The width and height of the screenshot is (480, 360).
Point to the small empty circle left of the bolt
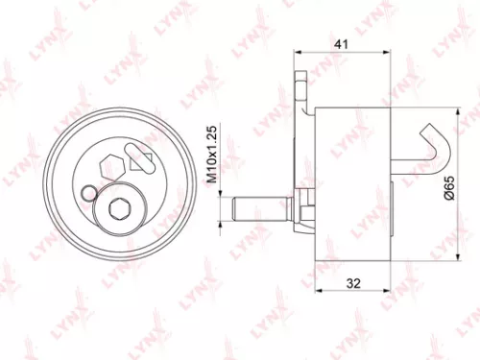[x=89, y=192]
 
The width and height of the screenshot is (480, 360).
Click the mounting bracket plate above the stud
[x=304, y=106]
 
